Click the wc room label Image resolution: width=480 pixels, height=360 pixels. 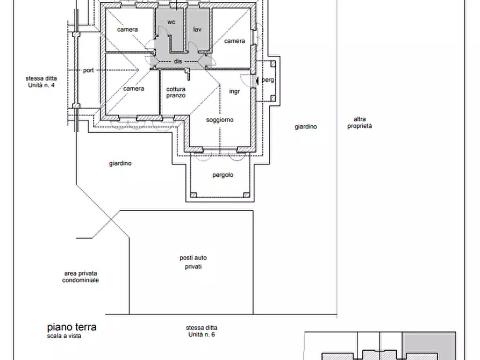click(171, 22)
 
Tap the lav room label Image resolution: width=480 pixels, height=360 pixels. click(197, 30)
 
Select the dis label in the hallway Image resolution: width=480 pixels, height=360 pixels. click(178, 61)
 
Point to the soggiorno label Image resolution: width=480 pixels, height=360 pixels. click(220, 120)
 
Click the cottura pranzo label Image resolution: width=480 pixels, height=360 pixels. click(176, 92)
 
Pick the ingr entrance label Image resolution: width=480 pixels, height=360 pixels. click(234, 91)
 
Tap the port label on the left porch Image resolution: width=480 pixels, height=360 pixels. click(89, 70)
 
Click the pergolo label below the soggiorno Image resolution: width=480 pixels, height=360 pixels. click(223, 175)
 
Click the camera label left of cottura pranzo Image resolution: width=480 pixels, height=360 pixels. click(134, 89)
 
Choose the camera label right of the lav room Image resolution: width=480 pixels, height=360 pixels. click(234, 41)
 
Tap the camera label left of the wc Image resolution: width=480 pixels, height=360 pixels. click(127, 30)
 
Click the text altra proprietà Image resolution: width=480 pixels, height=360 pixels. click(360, 123)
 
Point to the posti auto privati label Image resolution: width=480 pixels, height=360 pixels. click(193, 262)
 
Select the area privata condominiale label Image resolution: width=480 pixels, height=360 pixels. click(81, 277)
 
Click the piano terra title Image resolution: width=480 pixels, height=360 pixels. click(71, 327)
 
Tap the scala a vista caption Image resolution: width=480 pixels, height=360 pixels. click(65, 336)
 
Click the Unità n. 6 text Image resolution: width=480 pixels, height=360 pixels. click(202, 335)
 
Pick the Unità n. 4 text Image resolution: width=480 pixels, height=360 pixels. click(41, 85)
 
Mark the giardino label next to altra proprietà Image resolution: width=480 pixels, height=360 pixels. click(306, 127)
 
